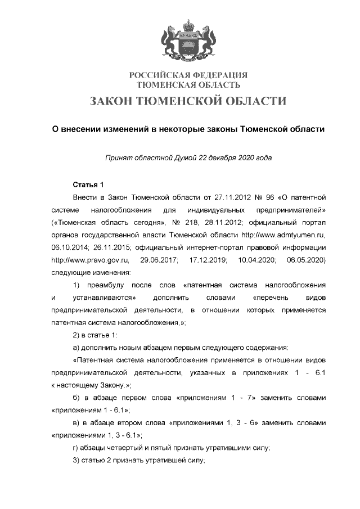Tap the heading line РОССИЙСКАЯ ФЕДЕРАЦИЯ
click(x=188, y=75)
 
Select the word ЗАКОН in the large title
click(x=117, y=101)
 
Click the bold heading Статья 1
click(x=89, y=185)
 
